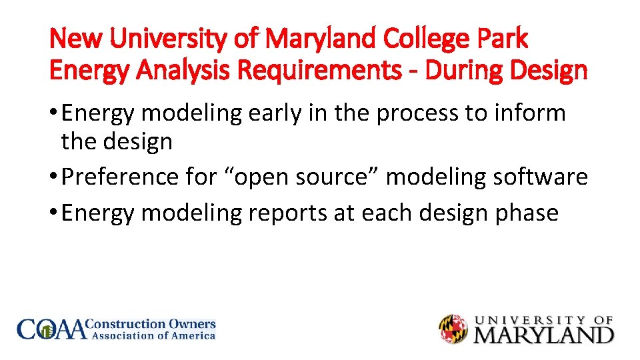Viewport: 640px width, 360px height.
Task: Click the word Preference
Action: (x=123, y=177)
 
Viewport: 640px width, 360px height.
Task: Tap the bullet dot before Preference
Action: (x=53, y=177)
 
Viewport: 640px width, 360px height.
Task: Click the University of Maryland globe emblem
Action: (x=454, y=329)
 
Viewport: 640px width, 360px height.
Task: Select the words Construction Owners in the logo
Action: (x=153, y=324)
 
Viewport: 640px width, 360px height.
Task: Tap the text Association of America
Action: (x=153, y=336)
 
